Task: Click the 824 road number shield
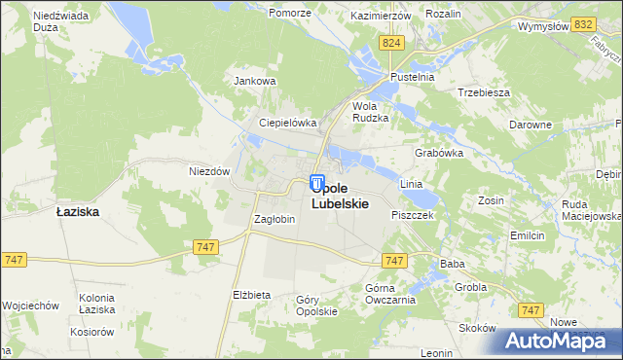coord(392,44)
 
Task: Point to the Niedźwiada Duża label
coord(62,22)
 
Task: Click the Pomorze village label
coord(290,14)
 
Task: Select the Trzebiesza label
coord(484,92)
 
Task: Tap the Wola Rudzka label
coord(370,111)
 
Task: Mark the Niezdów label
coord(208,170)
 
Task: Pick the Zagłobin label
coord(274,219)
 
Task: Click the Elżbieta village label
coord(251,294)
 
